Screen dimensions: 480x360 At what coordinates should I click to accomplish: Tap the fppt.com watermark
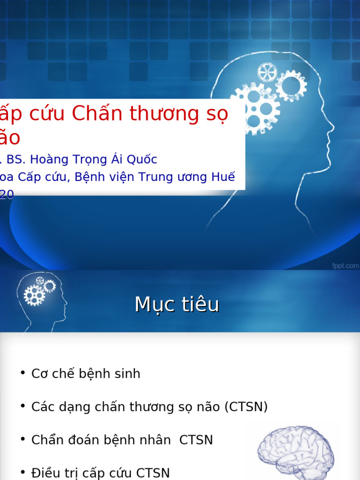[x=345, y=266]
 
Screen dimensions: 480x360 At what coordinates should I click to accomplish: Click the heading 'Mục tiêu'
[x=177, y=305]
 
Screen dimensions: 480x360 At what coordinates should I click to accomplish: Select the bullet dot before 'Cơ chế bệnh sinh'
[x=22, y=373]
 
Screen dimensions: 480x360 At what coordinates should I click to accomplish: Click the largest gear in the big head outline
[x=255, y=108]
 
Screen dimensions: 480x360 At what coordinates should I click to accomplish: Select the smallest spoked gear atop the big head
[x=267, y=72]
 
